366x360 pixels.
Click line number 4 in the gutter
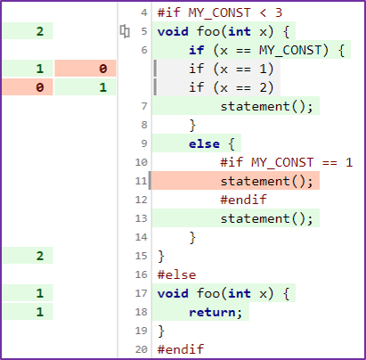[x=144, y=12]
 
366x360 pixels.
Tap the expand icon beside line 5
[x=125, y=31]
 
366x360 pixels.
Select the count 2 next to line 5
[x=40, y=31]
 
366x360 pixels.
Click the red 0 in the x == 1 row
[x=103, y=69]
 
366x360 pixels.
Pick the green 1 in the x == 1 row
[x=40, y=69]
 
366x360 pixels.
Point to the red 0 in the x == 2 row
[x=40, y=87]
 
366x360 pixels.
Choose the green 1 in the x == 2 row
[x=103, y=87]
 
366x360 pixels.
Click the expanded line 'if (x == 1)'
[x=232, y=69]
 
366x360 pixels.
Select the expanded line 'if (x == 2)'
[x=232, y=87]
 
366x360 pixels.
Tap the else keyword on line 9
[x=204, y=144]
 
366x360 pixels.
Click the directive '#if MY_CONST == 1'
[x=287, y=162]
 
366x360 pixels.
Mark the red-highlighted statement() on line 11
[x=266, y=181]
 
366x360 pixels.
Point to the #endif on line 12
[x=243, y=200]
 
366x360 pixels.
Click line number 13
[x=142, y=218]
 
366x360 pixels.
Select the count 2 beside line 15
[x=40, y=256]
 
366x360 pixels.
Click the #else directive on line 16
[x=176, y=274]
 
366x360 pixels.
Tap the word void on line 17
[x=173, y=293]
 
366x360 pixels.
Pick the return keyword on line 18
[x=212, y=312]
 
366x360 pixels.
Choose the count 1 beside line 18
[x=40, y=312]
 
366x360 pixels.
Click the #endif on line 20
[x=181, y=349]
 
